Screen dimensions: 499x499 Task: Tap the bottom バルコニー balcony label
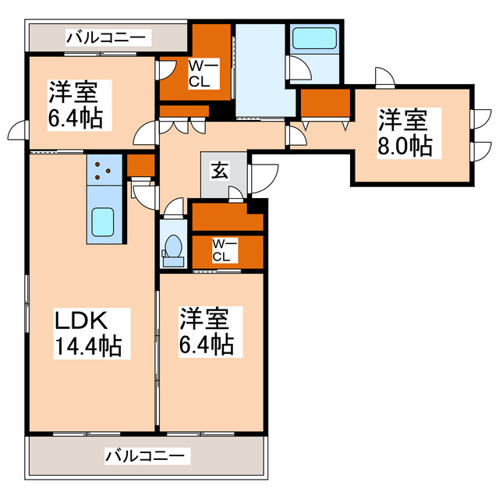(145, 454)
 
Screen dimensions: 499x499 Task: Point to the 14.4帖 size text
(87, 345)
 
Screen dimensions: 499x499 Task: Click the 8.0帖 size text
(405, 145)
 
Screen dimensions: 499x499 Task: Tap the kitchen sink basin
(104, 224)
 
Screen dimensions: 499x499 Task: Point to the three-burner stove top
(104, 169)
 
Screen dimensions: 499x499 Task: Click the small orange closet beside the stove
(140, 165)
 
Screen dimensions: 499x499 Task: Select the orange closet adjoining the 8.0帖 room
(324, 103)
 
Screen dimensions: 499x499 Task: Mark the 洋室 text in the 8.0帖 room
(403, 120)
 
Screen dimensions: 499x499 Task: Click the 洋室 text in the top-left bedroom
(75, 93)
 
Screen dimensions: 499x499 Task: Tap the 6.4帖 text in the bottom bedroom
(207, 344)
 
